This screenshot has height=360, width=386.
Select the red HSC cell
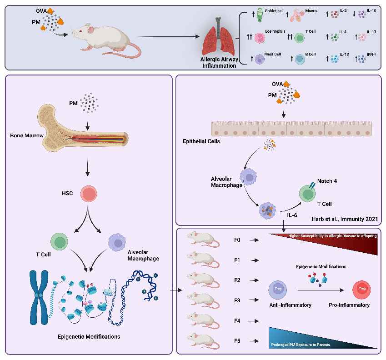(x=90, y=193)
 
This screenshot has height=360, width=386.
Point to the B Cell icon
(x=300, y=60)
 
